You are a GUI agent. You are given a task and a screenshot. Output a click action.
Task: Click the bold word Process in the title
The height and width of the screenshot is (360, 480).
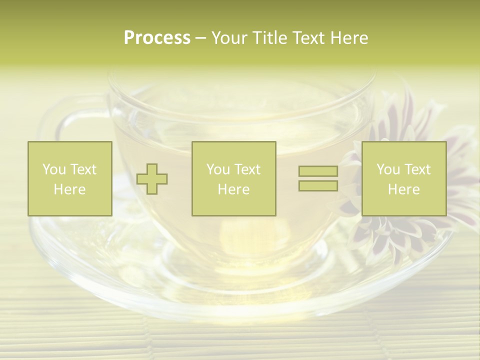point(157,38)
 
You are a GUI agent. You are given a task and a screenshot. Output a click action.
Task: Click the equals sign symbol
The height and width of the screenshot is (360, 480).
point(318,178)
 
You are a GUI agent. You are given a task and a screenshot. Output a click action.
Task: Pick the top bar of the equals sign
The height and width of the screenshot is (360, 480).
point(318,171)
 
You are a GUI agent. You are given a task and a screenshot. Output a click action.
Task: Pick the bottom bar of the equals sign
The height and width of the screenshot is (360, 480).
point(318,186)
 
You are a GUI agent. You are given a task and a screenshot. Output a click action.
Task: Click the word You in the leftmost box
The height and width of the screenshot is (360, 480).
point(54,169)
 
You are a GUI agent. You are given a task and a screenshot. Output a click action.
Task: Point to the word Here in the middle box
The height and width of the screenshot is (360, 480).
point(233,189)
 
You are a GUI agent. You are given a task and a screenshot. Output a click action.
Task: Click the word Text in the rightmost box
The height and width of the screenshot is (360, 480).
point(417,169)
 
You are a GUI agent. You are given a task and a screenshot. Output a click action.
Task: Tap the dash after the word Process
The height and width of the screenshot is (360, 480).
point(201,38)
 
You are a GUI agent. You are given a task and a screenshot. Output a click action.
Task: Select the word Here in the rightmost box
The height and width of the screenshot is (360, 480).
point(403,189)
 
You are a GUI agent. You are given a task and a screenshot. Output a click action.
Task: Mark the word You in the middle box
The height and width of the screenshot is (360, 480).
point(218,169)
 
